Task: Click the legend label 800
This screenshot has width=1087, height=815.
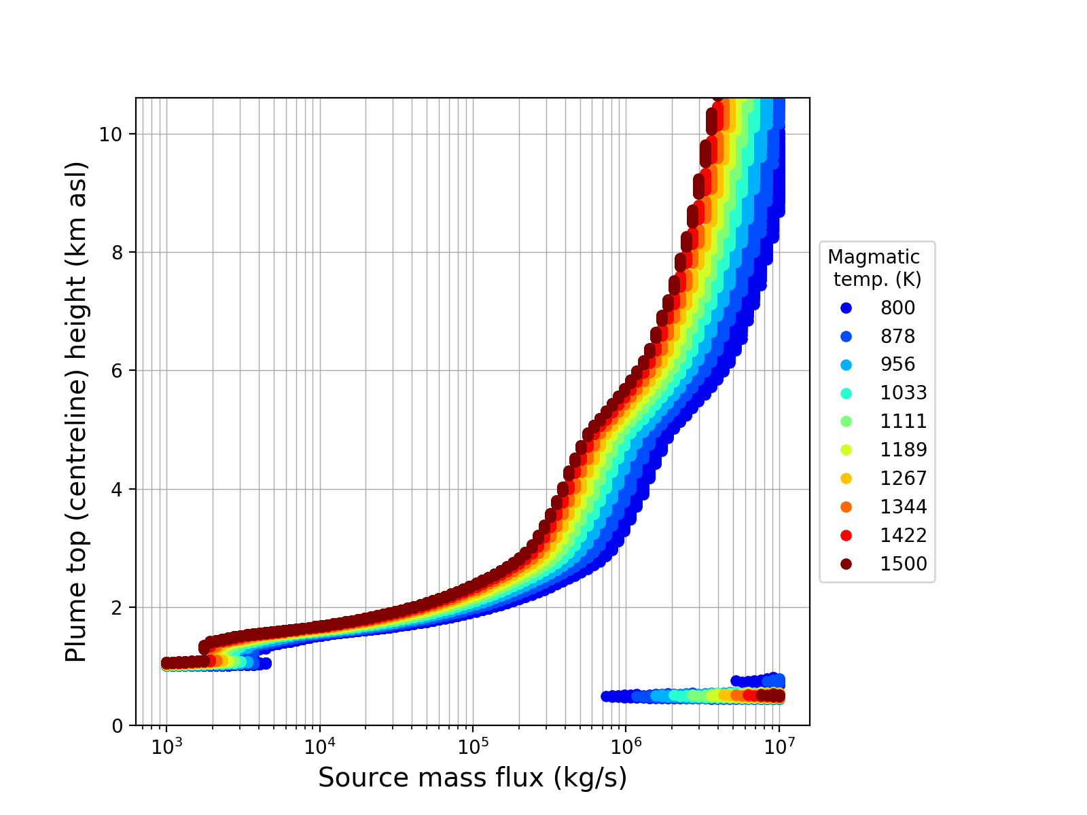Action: (897, 308)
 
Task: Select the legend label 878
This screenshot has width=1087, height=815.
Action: (897, 336)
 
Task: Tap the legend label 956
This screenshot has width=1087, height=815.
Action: (897, 365)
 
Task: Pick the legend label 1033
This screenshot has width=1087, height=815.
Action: (904, 393)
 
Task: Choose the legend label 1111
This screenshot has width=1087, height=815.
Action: (904, 422)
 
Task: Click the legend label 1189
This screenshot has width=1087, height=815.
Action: (904, 450)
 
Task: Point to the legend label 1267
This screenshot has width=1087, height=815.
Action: (904, 478)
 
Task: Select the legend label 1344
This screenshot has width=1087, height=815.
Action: (904, 507)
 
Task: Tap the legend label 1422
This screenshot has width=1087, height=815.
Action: (904, 535)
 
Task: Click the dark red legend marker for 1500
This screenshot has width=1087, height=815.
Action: (846, 564)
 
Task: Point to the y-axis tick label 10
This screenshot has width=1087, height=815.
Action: (111, 134)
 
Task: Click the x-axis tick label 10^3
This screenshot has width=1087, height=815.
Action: (166, 745)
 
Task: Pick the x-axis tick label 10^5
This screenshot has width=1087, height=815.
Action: (473, 745)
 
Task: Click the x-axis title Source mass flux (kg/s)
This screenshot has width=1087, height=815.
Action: (472, 778)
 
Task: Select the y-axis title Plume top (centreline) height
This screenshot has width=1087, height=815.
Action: (77, 412)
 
